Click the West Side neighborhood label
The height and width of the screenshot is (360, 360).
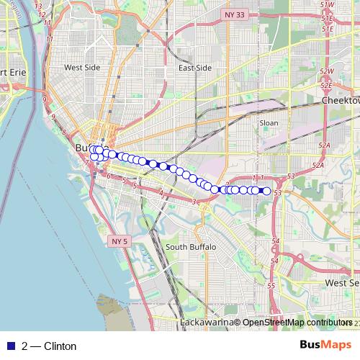81,68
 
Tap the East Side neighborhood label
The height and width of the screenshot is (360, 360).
195,68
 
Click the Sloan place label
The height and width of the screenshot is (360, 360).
269,123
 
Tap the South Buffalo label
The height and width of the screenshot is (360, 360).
191,247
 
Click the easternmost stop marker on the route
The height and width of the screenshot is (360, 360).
267,191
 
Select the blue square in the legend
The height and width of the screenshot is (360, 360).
9,346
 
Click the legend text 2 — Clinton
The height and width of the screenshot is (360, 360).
49,346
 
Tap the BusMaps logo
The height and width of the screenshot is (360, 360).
325,346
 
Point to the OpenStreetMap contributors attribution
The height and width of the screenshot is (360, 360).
297,323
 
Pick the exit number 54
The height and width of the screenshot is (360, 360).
275,240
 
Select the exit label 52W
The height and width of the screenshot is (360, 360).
327,71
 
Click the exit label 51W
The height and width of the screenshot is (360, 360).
328,5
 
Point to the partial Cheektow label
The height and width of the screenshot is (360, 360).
341,102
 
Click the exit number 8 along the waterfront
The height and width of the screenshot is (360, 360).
63,132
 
